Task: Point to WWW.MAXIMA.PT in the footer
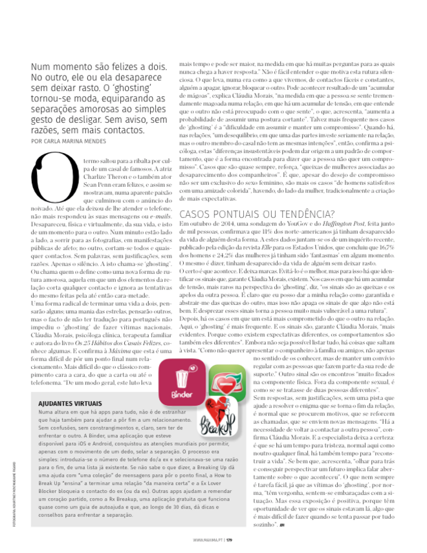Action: tap(208, 539)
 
